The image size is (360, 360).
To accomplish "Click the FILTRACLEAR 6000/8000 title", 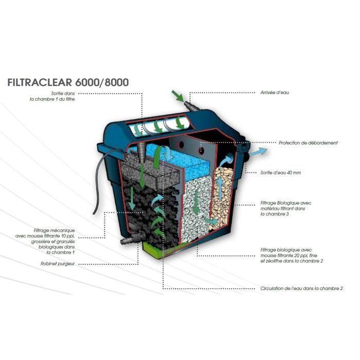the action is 68,82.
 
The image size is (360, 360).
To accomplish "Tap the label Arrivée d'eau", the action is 275,93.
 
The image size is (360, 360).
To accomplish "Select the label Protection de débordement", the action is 308,143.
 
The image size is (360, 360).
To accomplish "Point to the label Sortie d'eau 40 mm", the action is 281,173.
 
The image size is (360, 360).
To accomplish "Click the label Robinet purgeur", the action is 58,264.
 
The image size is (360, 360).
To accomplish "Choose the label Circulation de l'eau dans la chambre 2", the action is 301,289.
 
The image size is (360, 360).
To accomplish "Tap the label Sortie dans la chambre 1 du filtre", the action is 52,97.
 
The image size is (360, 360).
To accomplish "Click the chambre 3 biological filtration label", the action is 286,208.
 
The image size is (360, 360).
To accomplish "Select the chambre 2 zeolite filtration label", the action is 292,255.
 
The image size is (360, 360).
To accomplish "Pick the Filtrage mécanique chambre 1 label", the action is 45,241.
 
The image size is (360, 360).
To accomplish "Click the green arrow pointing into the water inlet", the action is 178,96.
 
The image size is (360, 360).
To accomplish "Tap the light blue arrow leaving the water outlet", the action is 258,152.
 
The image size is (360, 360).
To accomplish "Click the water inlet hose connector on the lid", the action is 192,106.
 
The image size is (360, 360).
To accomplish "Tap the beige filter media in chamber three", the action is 223,197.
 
